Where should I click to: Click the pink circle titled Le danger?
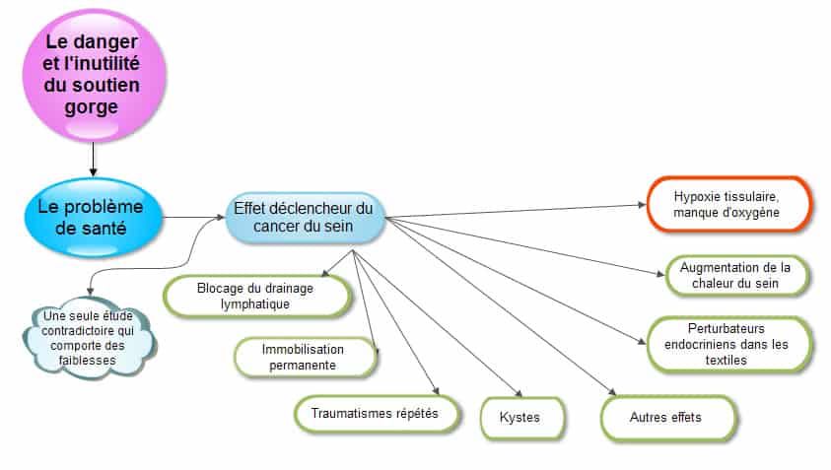pos(94,76)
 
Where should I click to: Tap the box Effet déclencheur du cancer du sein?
pos(305,217)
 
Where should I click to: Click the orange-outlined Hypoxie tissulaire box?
pos(728,205)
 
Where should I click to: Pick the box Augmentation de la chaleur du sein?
pos(736,275)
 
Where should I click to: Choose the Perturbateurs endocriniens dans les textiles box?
pos(728,344)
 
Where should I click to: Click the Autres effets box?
pos(668,418)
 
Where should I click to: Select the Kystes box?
pos(522,418)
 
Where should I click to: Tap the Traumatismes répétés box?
pos(377,413)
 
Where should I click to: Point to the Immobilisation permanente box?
pos(305,357)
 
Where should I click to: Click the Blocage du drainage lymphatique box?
pos(257,296)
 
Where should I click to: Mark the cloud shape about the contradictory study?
pos(89,338)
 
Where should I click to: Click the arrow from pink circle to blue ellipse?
pos(94,159)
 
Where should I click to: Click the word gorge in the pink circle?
pos(91,107)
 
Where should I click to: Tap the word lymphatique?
pos(255,304)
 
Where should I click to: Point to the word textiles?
pos(727,361)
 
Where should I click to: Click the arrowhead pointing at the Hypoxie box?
pos(643,205)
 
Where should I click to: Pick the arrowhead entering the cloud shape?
pos(90,292)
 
